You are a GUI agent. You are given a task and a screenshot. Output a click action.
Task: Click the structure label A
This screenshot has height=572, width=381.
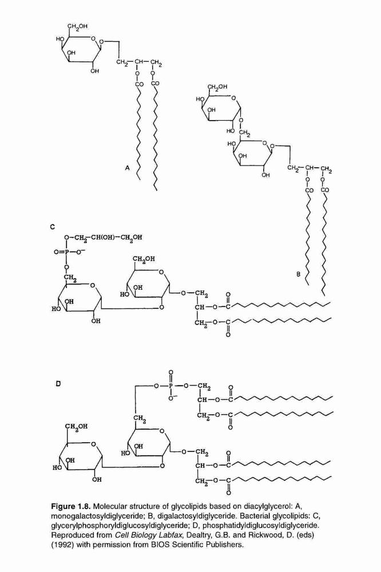tap(128, 168)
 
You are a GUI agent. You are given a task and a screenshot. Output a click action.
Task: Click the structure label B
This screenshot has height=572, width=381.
tap(298, 275)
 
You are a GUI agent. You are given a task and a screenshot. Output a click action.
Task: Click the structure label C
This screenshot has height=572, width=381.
tap(53, 227)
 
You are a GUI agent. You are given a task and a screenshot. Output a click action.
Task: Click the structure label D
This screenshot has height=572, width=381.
tap(58, 383)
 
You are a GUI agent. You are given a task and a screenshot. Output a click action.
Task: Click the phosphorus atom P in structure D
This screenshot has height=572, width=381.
tap(171, 386)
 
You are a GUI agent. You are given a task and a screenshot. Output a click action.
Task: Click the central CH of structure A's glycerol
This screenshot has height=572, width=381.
tap(139, 62)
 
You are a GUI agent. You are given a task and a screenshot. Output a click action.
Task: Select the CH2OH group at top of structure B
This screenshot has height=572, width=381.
tap(217, 87)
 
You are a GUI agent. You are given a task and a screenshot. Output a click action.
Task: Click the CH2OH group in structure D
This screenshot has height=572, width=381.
tap(77, 426)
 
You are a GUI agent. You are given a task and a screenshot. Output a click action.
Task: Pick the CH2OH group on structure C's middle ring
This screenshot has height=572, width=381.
tap(144, 259)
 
